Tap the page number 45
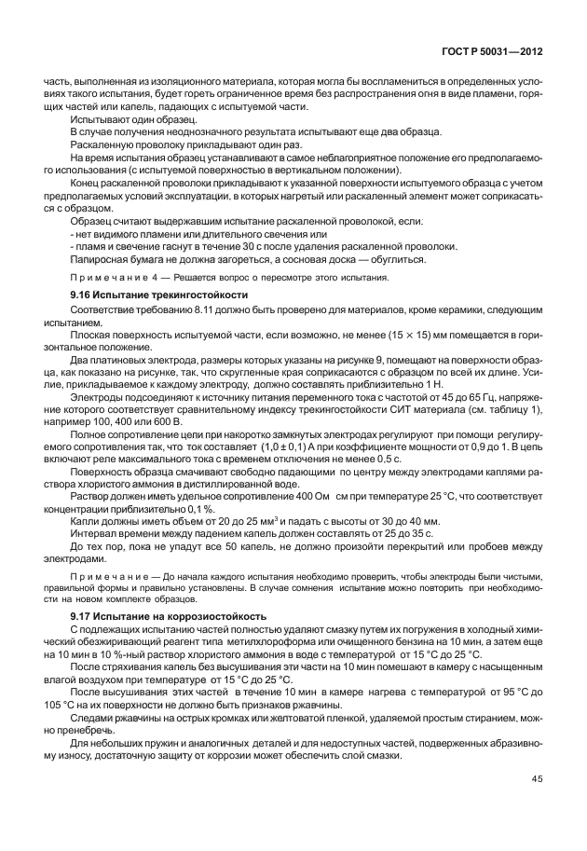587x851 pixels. [538, 778]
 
